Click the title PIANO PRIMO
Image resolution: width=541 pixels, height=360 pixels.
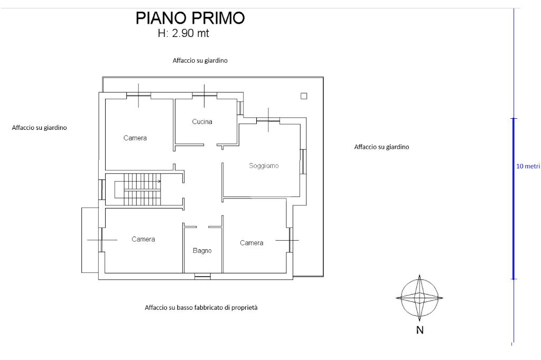point(190,18)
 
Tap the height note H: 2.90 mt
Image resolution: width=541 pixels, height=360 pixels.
point(184,34)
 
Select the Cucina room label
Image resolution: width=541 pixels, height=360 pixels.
point(202,122)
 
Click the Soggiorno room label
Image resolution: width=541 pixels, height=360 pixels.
point(264,166)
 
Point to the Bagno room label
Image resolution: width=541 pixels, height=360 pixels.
point(202,251)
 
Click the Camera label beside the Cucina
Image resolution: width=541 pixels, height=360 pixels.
point(135,138)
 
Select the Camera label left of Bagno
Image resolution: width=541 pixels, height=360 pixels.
point(143,239)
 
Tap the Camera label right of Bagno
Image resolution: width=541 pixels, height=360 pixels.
point(251,243)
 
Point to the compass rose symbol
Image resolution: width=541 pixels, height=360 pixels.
point(419,298)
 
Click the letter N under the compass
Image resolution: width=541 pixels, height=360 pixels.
point(419,331)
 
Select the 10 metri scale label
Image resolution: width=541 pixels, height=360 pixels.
point(528,166)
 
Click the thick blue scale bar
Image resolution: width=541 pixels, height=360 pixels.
point(514,198)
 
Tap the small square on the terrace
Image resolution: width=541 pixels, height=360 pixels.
point(304,96)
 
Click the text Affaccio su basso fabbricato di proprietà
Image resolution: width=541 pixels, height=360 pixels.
point(201,307)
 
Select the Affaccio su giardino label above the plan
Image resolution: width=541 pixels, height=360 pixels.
point(200,61)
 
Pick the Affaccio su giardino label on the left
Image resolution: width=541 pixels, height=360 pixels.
point(39,127)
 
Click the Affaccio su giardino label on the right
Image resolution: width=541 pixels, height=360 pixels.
point(381,147)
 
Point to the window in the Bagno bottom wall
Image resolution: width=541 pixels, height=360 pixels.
point(202,276)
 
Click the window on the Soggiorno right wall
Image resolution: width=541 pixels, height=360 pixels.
point(303,162)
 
